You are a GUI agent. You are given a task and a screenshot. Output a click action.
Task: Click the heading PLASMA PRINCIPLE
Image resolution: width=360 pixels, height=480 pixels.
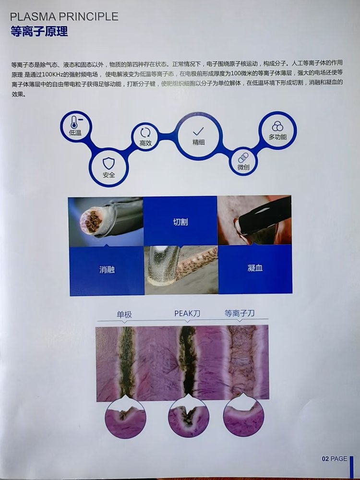pos(64,16)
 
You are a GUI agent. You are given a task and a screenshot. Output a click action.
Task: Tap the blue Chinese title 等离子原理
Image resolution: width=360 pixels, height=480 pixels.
pos(39,31)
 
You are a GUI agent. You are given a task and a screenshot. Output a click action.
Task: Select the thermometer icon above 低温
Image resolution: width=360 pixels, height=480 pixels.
pos(74,122)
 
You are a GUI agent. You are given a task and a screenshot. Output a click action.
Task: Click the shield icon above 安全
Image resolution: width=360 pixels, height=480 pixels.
pos(108,164)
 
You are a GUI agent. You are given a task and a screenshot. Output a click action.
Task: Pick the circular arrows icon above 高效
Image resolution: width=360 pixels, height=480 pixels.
pos(145,132)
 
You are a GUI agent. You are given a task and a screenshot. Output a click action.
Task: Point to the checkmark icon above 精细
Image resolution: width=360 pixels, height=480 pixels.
pos(198,132)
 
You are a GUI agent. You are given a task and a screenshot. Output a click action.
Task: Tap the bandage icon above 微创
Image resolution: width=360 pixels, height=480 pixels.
pos(243,157)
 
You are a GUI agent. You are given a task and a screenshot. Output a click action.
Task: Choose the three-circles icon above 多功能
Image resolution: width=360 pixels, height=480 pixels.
pos(277,126)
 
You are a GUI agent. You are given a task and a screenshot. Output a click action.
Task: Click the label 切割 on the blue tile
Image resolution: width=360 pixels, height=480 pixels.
pos(180,222)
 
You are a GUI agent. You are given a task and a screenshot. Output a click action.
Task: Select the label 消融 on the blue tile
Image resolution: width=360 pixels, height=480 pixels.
pos(107,270)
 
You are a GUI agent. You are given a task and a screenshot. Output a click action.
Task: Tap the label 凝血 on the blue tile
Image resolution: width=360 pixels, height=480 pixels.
pos(255,268)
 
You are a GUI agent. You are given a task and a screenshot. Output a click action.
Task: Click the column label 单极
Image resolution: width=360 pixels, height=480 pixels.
pos(124,314)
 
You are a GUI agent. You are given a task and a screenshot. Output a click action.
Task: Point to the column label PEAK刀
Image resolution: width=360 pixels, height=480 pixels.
pos(187,313)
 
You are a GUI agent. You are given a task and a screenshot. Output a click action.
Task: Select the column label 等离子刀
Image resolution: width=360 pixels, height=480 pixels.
pos(240,313)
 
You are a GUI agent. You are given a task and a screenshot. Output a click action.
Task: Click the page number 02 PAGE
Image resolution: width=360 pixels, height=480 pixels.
pos(334,458)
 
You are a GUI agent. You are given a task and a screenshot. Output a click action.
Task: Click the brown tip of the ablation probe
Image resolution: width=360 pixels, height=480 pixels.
pos(91,221)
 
